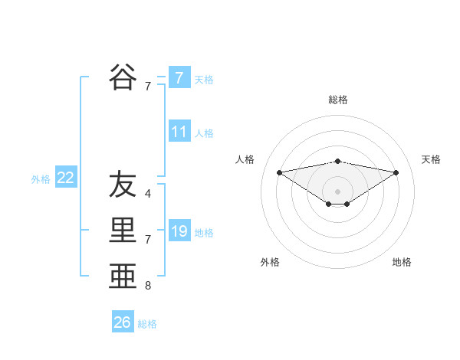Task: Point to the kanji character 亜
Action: (123, 277)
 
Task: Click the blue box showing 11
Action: (179, 131)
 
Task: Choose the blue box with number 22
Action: (66, 178)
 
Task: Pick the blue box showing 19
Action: (179, 231)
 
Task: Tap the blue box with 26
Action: (122, 322)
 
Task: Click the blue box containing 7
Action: (179, 77)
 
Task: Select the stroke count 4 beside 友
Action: (147, 193)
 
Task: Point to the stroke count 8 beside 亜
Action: (147, 286)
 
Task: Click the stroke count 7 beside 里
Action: (147, 240)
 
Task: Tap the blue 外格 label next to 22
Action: (41, 179)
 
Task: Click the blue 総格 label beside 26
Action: (147, 324)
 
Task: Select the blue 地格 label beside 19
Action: (204, 232)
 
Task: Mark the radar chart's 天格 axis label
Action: (431, 159)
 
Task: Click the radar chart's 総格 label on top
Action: (338, 100)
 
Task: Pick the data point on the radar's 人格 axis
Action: (279, 172)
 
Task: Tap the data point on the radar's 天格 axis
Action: (396, 172)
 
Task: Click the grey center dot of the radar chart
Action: (337, 191)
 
